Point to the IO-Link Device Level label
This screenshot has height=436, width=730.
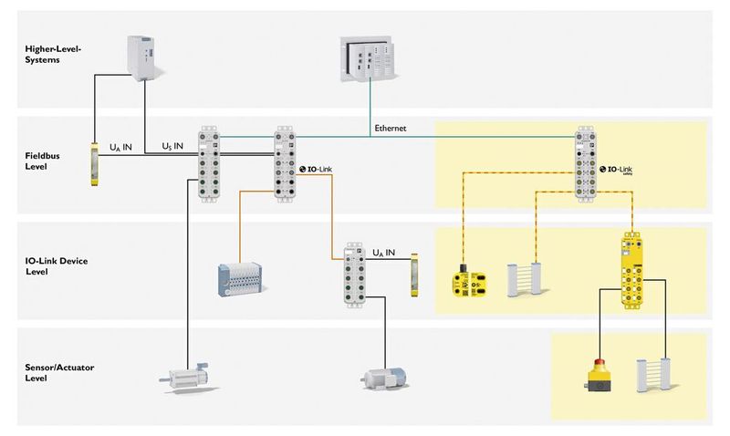(48, 265)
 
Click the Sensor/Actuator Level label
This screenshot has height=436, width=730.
(51, 371)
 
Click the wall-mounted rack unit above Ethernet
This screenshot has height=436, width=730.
(370, 57)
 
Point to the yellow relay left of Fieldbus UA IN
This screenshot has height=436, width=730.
(96, 164)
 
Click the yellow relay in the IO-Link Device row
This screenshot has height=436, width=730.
(416, 271)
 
